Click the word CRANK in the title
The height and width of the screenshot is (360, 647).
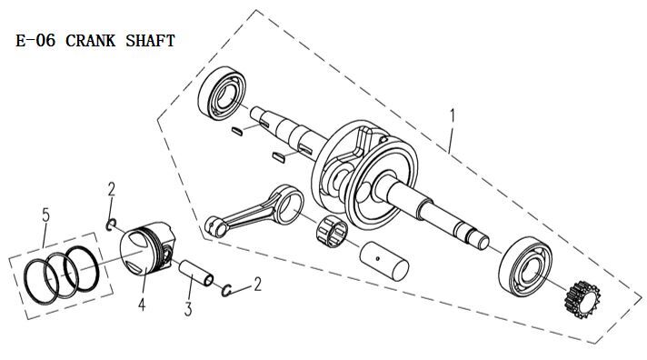[x=90, y=41]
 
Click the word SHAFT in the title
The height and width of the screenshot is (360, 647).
[x=150, y=41]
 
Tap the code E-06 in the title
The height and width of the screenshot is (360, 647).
[x=35, y=41]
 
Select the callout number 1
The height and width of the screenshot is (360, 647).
[x=453, y=116]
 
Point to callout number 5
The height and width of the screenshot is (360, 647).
[x=45, y=215]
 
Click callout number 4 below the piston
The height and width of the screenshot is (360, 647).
[x=142, y=305]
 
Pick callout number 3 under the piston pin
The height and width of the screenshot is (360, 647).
[x=188, y=309]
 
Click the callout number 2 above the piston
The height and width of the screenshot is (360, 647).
[x=112, y=189]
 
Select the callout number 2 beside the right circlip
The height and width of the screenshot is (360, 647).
[x=257, y=285]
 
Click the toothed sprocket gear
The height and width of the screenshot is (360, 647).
[x=582, y=300]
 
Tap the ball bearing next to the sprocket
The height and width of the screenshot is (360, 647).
[x=525, y=266]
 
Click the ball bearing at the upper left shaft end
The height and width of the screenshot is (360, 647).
[x=222, y=94]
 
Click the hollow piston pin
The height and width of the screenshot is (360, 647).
[x=196, y=273]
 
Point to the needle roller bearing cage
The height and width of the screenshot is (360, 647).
[x=332, y=231]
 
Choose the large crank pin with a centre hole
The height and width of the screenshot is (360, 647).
[x=384, y=261]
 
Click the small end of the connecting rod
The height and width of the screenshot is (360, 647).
[x=215, y=226]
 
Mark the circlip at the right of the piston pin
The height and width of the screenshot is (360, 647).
[x=226, y=291]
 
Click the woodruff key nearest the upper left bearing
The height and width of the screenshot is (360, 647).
[x=237, y=131]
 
